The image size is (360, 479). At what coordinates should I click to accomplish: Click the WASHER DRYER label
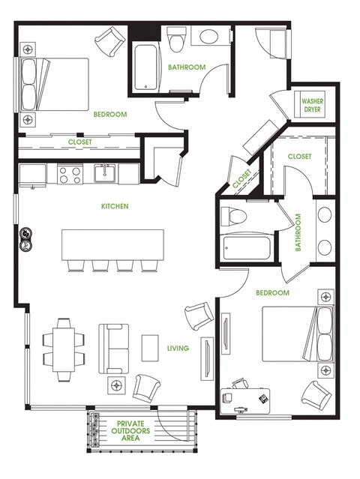312,106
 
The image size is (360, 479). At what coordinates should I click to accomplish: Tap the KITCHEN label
115,206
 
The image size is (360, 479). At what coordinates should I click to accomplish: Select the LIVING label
178,348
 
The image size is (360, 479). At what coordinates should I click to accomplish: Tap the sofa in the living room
114,349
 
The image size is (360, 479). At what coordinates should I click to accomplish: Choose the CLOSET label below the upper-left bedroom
79,142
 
